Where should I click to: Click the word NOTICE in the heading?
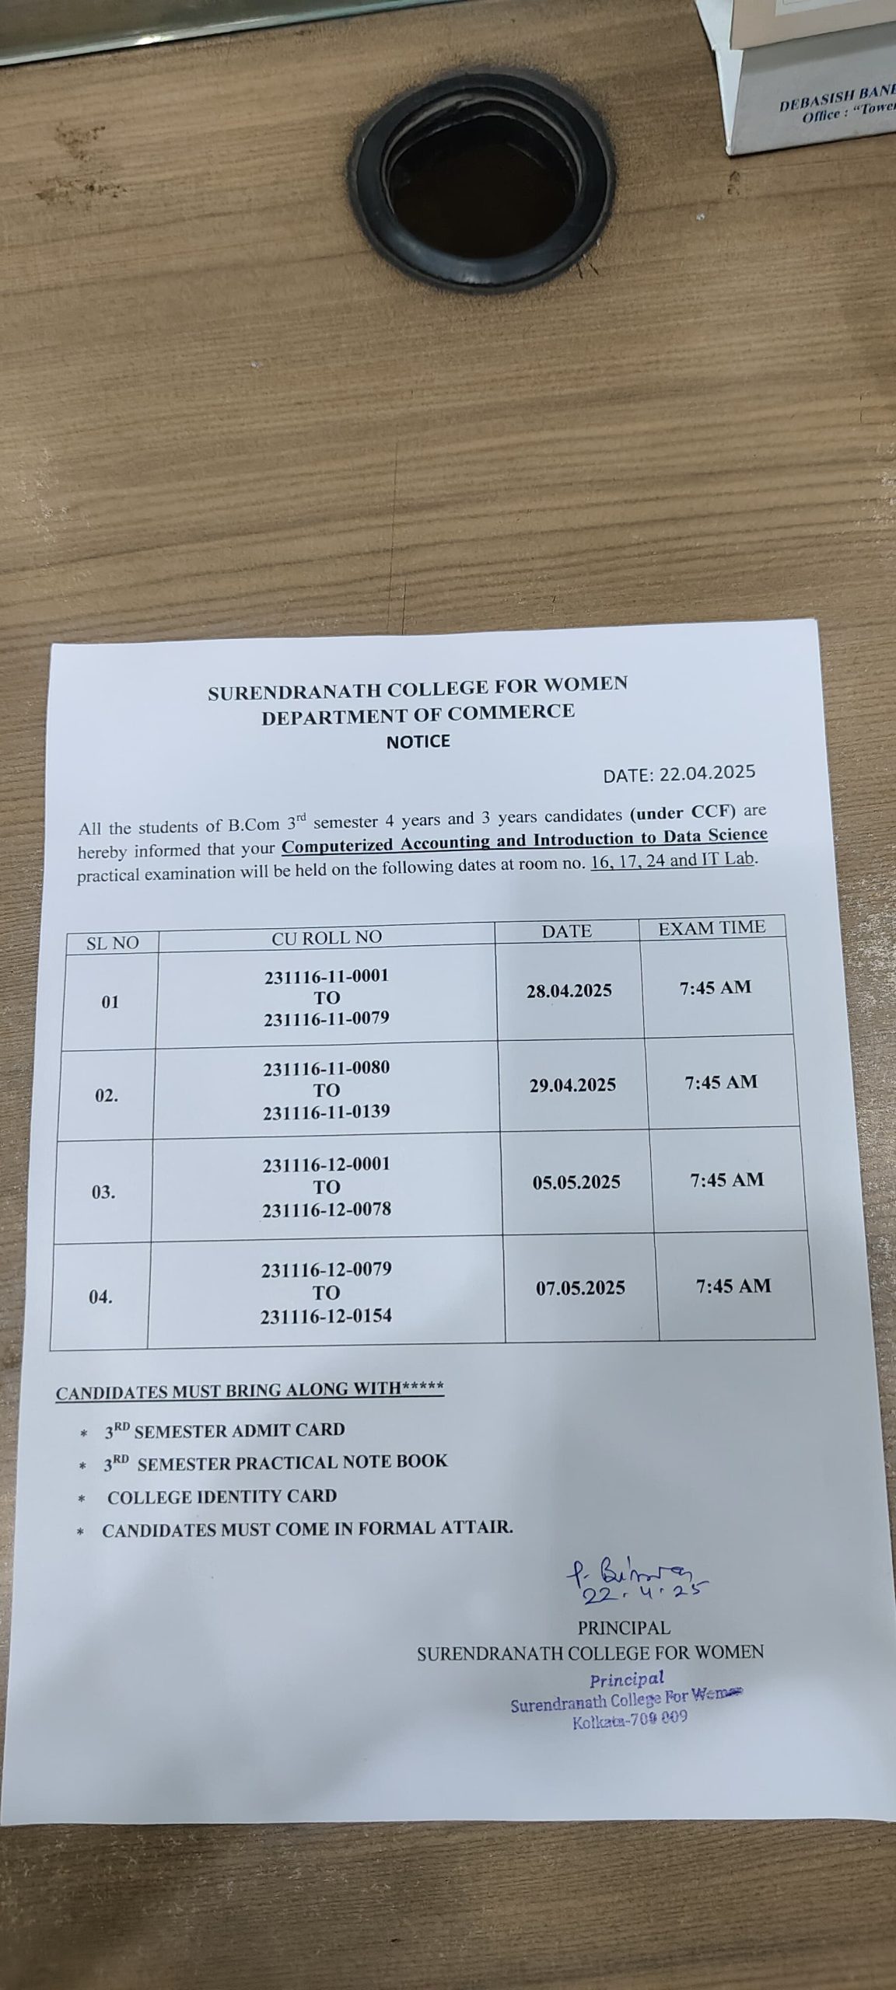pyautogui.click(x=418, y=742)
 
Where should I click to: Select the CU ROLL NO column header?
pyautogui.click(x=327, y=937)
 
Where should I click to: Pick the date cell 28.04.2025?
pyautogui.click(x=569, y=990)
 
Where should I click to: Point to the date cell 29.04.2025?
pyautogui.click(x=573, y=1085)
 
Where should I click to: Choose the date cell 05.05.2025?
pyautogui.click(x=576, y=1182)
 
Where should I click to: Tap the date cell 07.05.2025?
pyautogui.click(x=580, y=1288)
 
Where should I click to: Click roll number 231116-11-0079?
pyautogui.click(x=327, y=1018)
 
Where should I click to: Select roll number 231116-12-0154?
pyautogui.click(x=327, y=1316)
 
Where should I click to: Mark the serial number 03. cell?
pyautogui.click(x=103, y=1192)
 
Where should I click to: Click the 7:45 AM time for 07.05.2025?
pyautogui.click(x=733, y=1286)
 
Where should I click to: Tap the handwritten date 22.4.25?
pyautogui.click(x=642, y=1592)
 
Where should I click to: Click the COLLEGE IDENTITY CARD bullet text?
pyautogui.click(x=222, y=1496)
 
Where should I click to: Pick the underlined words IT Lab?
pyautogui.click(x=730, y=860)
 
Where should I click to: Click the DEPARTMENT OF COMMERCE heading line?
pyautogui.click(x=418, y=713)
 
